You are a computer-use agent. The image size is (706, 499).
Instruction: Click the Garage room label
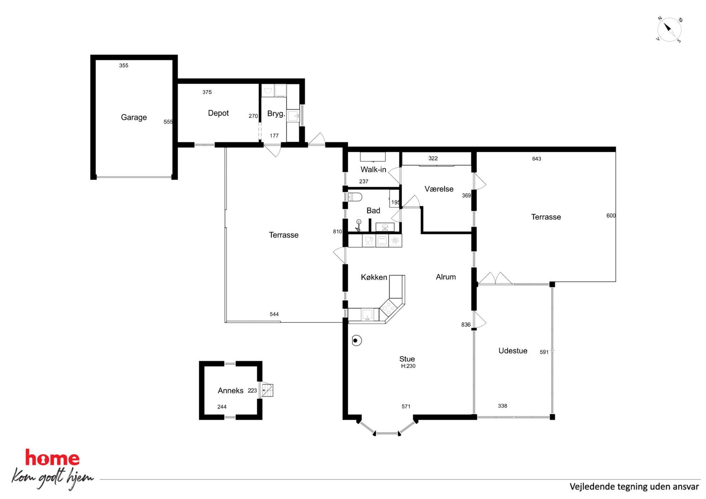134,117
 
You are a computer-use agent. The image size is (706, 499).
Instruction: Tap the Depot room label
218,113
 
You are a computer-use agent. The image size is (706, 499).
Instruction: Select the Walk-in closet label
373,170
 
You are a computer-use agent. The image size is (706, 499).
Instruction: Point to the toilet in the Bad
355,197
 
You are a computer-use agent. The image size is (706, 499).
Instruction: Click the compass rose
669,30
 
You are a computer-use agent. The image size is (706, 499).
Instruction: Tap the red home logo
52,458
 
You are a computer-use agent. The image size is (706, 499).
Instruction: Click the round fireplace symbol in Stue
357,340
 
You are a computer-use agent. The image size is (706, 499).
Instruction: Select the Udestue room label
513,351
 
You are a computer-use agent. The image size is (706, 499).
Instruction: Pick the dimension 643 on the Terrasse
537,159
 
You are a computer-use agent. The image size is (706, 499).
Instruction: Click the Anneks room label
231,391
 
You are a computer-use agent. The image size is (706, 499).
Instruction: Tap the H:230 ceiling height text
408,366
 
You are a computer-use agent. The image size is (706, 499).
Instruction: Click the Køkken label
374,277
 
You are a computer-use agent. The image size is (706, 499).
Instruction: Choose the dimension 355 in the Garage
124,65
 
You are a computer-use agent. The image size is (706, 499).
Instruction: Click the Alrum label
446,277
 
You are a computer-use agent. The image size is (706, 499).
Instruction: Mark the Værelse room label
439,189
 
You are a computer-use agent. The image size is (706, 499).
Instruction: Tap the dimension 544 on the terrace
274,314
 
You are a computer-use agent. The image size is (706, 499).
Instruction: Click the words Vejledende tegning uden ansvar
634,487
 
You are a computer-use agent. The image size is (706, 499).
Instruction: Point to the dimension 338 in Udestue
502,406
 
